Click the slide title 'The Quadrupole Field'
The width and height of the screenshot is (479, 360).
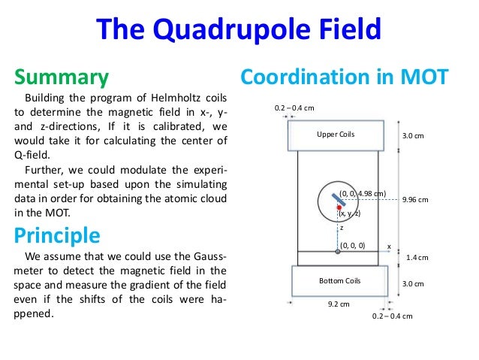point(239,30)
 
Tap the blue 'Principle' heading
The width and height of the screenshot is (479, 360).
point(57,235)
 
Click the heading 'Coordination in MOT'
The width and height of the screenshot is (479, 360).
point(343,77)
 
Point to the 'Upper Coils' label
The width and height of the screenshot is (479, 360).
point(335,135)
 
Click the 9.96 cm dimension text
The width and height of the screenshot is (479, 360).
point(415,200)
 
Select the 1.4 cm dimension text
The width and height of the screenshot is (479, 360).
point(417,258)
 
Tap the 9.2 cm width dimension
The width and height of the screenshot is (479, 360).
point(339,305)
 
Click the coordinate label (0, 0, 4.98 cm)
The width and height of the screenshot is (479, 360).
point(363,194)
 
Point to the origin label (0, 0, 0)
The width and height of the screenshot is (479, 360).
point(353,245)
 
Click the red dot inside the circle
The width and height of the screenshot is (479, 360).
point(339,207)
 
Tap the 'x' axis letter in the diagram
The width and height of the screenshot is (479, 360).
point(389,246)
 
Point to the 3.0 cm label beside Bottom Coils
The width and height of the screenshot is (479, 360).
point(414,284)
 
